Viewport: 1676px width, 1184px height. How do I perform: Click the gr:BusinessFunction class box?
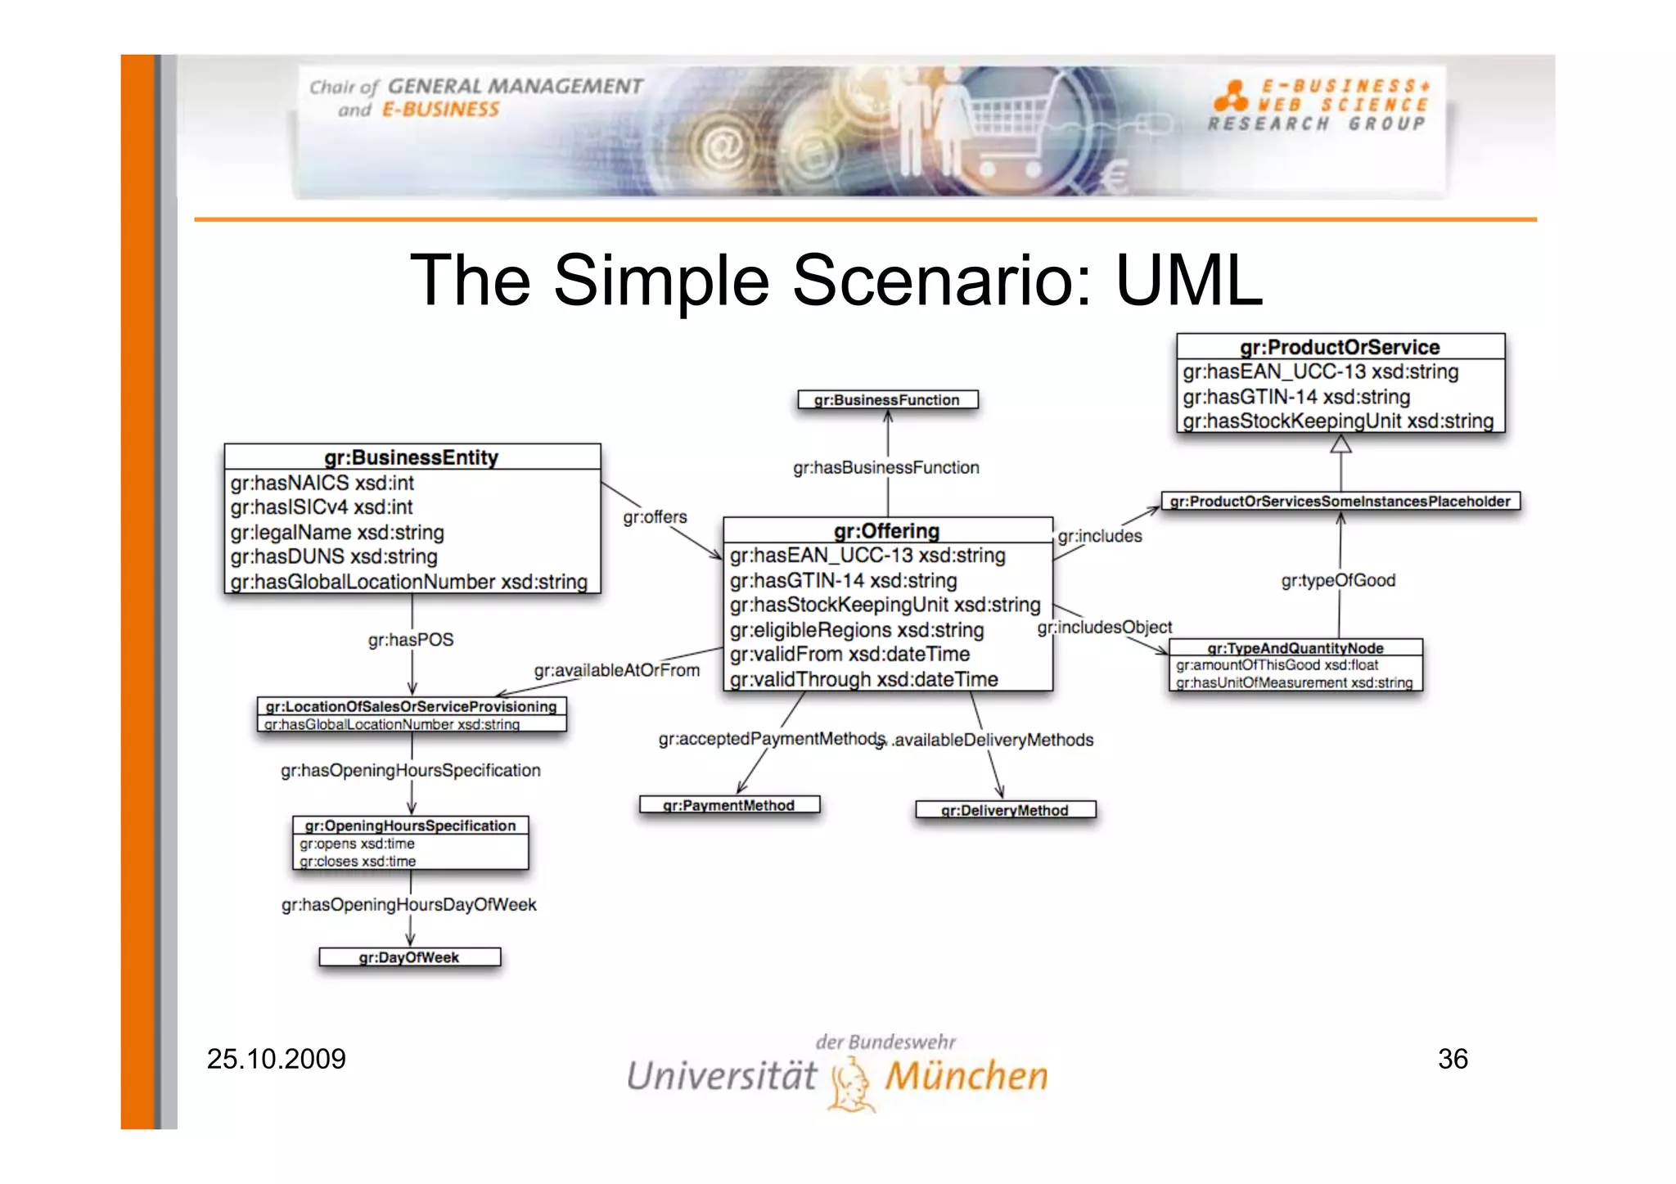888,399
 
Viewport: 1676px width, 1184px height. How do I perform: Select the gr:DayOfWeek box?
409,957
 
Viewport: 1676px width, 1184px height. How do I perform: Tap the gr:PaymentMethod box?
728,805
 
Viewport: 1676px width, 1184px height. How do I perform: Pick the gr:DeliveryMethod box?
1005,810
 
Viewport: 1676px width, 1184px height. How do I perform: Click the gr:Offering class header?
887,530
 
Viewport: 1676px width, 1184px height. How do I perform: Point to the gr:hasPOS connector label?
410,640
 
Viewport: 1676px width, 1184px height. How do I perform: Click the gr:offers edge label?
655,517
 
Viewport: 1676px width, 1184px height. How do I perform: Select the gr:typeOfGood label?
1338,580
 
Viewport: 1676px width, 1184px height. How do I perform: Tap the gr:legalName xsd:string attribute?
337,533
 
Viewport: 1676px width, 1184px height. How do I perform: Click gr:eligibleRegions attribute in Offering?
856,630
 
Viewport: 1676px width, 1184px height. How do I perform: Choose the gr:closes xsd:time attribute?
358,862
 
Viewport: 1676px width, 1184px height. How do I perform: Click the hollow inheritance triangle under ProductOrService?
1340,444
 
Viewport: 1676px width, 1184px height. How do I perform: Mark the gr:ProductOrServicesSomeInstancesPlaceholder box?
1340,501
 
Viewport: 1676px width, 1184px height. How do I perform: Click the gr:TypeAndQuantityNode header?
1295,648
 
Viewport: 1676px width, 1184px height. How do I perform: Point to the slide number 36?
1453,1059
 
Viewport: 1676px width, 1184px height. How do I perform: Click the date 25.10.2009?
276,1059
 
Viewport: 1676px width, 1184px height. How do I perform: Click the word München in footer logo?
966,1076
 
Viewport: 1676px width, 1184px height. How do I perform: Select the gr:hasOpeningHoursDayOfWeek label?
408,905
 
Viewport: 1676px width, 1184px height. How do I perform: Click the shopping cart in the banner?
1007,135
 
